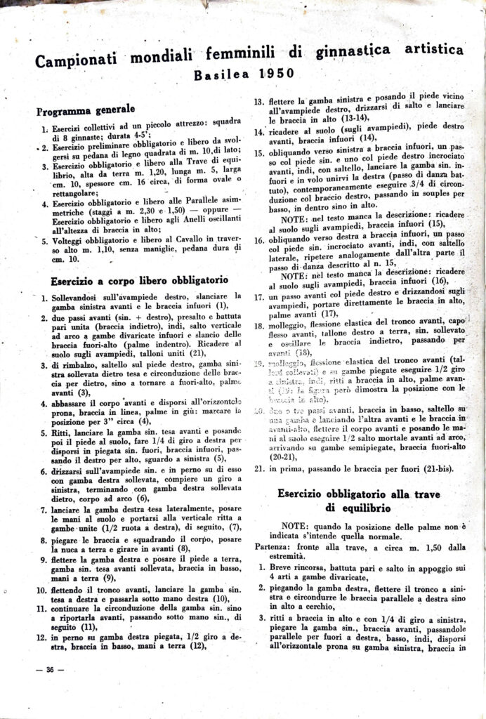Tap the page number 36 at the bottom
pos(50,669)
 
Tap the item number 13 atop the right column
pos(258,101)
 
